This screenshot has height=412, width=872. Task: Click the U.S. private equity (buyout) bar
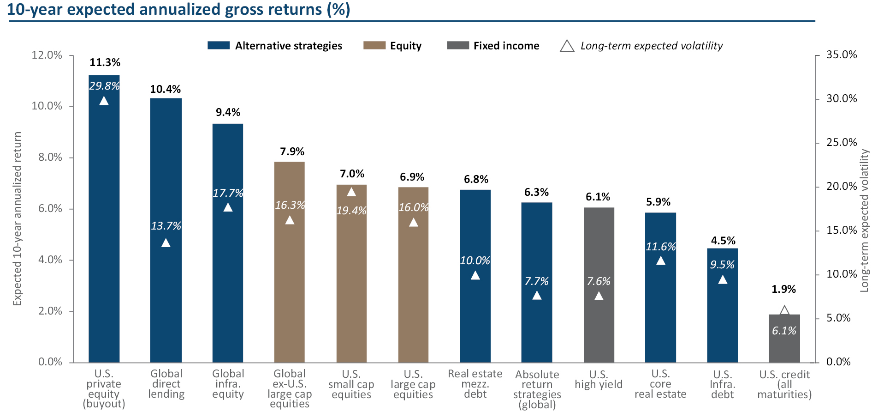click(x=104, y=219)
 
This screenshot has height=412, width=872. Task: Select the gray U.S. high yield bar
click(x=599, y=285)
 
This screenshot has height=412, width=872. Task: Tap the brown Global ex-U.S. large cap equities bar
click(x=290, y=262)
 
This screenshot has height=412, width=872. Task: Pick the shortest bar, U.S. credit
click(x=784, y=339)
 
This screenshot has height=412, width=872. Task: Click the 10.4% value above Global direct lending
click(x=165, y=89)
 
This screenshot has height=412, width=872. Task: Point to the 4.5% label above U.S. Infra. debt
click(x=723, y=241)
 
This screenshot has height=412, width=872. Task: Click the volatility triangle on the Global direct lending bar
click(x=166, y=242)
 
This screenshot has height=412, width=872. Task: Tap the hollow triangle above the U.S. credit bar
click(x=784, y=310)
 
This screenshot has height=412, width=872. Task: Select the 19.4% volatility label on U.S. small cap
click(x=351, y=211)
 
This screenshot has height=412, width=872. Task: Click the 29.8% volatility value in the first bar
click(x=104, y=86)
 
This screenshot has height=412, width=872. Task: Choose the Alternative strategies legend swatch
click(x=219, y=45)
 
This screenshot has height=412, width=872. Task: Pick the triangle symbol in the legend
click(x=567, y=46)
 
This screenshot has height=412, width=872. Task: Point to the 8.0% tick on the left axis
click(x=50, y=158)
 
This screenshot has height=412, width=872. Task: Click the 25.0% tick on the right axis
click(x=842, y=142)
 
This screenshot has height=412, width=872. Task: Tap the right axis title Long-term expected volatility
click(x=864, y=220)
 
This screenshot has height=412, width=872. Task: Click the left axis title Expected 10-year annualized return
click(x=18, y=218)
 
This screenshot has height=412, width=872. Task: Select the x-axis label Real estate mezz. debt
click(x=475, y=384)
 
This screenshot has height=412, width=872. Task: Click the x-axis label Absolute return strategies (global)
click(x=537, y=389)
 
